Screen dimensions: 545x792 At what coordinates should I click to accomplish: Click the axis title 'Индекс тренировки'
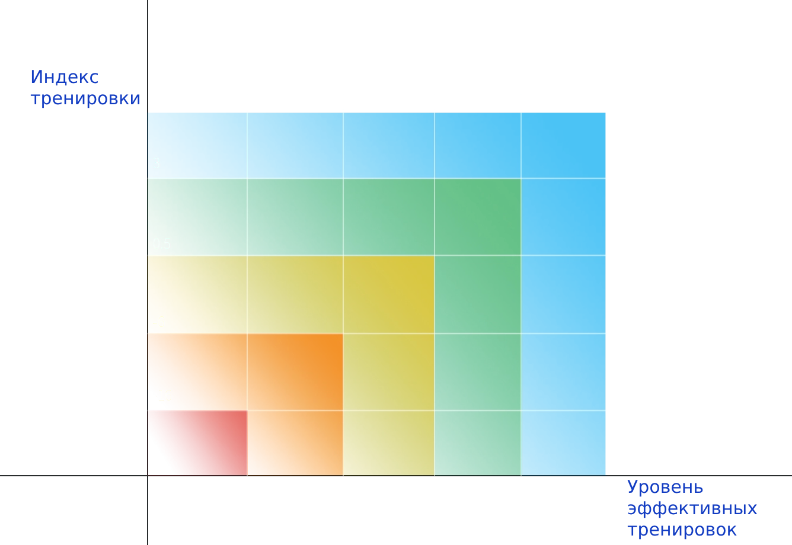point(85,88)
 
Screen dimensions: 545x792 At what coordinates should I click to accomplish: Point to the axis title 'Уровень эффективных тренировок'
point(692,508)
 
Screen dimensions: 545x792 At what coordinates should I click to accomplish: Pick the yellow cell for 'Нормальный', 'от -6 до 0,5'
point(388,294)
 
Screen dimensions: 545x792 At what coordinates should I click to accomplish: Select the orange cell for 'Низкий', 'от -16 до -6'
point(295,372)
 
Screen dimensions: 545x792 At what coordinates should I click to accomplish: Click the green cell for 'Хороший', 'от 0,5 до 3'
point(477,217)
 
